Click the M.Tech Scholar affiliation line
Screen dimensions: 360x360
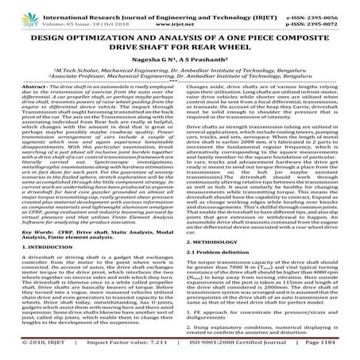click(180, 77)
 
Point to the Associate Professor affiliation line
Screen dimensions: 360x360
click(180, 84)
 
